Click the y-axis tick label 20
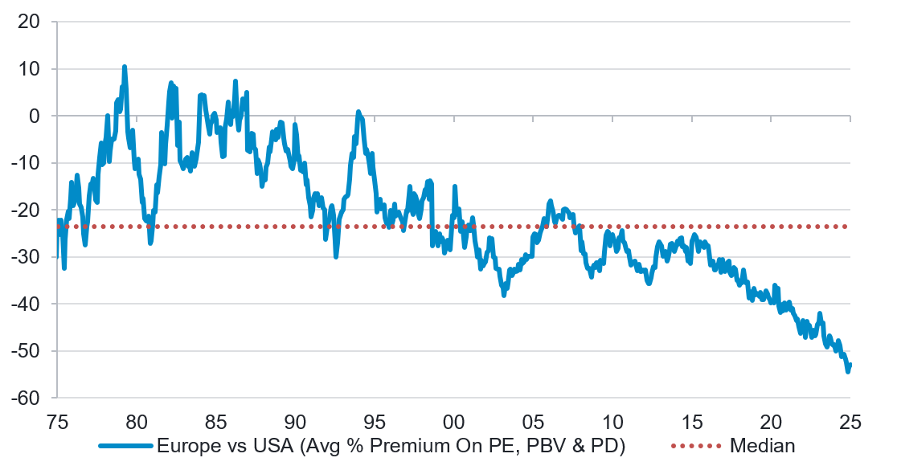[x=29, y=22]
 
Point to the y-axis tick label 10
[x=29, y=69]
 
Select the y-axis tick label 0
[x=34, y=116]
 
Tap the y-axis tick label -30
[x=26, y=257]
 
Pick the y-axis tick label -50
[x=26, y=351]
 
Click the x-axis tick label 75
[x=57, y=421]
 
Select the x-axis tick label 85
[x=215, y=421]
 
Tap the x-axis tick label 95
[x=375, y=421]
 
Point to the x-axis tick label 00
[x=453, y=421]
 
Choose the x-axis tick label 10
[x=612, y=421]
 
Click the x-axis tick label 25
[x=850, y=421]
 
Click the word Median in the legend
[x=763, y=445]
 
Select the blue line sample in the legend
[x=126, y=445]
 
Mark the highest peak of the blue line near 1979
[x=125, y=67]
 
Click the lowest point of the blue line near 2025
[x=847, y=372]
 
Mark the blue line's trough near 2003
[x=504, y=295]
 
